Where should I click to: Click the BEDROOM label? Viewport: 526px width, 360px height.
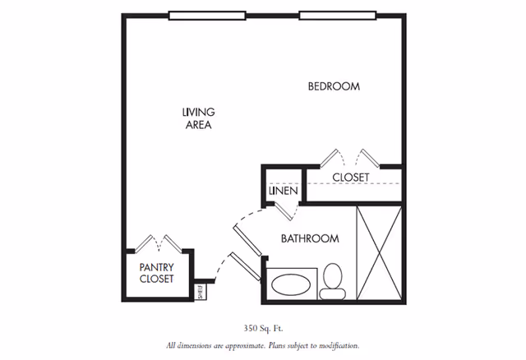334,86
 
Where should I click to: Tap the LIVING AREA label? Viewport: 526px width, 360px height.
199,118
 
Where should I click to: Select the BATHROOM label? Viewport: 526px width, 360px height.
310,238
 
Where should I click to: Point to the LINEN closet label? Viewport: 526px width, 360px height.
284,191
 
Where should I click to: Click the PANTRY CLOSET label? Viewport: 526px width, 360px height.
157,273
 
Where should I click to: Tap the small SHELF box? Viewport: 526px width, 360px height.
201,292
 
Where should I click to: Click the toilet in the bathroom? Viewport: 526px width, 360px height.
332,281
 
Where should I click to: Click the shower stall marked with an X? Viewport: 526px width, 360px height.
379,253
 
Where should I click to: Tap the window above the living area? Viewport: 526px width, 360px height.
207,16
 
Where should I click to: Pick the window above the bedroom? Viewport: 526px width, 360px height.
338,16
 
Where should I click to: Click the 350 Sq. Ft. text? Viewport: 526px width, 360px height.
263,329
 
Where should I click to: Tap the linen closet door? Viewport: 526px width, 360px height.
284,211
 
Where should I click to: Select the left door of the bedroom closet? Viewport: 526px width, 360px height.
329,158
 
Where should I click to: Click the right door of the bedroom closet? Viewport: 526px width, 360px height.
371,158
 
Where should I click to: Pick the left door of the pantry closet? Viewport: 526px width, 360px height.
143,243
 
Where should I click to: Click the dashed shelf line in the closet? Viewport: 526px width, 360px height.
354,183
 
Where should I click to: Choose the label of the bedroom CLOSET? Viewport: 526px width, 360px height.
351,178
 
